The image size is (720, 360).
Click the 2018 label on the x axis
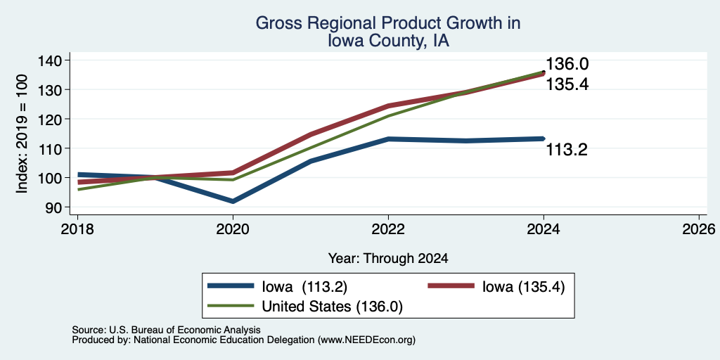point(77,229)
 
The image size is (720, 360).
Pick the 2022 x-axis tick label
point(388,229)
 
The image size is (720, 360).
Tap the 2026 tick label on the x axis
point(699,229)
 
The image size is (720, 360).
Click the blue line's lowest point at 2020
point(233,202)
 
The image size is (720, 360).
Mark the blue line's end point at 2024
point(544,139)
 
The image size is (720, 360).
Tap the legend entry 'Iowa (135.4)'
point(523,287)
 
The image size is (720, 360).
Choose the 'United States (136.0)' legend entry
point(332,307)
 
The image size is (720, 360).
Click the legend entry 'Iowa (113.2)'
point(304,287)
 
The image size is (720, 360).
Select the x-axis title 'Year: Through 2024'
point(388,259)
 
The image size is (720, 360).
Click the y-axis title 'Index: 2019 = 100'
point(22,134)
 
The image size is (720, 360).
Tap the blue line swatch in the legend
point(231,285)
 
